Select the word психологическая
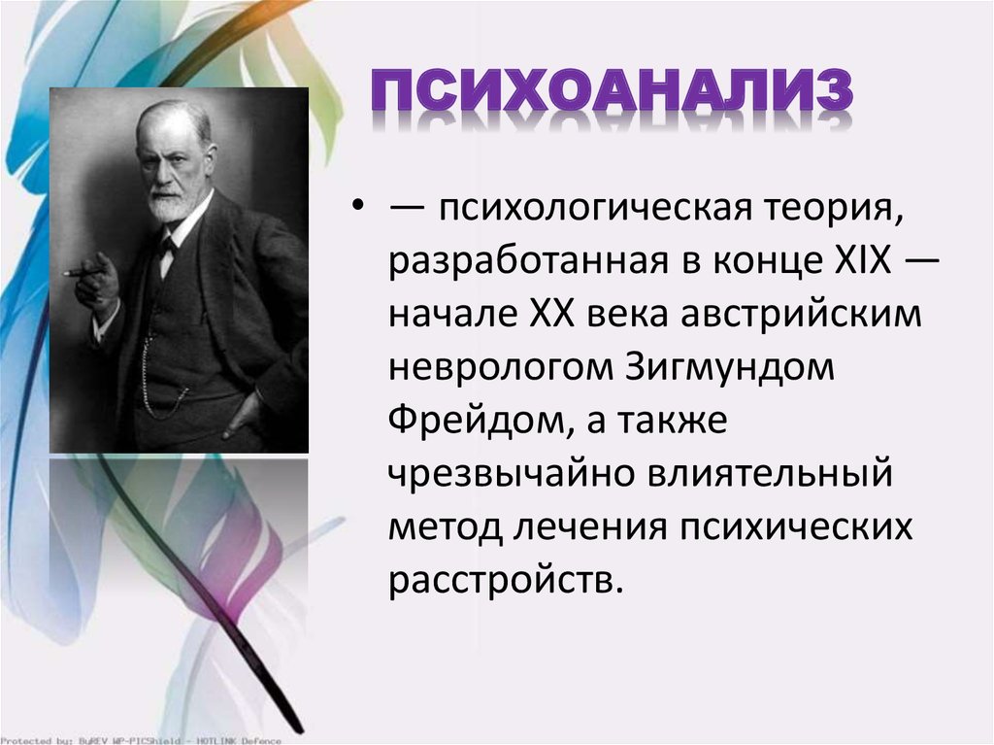pos(595,209)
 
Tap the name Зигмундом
pos(729,368)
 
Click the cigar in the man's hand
pos(83,273)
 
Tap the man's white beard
pos(171,203)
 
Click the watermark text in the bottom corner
pos(141,740)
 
